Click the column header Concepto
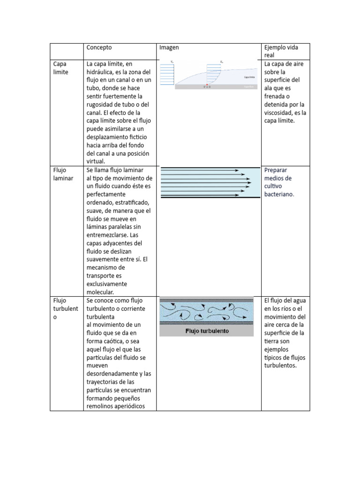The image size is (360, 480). click(x=99, y=47)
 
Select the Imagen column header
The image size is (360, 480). click(x=169, y=47)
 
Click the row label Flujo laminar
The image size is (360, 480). click(x=63, y=174)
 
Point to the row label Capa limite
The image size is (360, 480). click(x=60, y=68)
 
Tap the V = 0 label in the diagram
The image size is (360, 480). click(x=207, y=88)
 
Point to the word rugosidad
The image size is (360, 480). click(x=102, y=105)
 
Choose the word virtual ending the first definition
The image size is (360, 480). click(x=96, y=161)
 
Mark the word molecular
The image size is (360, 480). click(x=100, y=292)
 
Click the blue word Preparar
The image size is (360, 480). click(x=276, y=170)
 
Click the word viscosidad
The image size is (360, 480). click(x=281, y=112)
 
